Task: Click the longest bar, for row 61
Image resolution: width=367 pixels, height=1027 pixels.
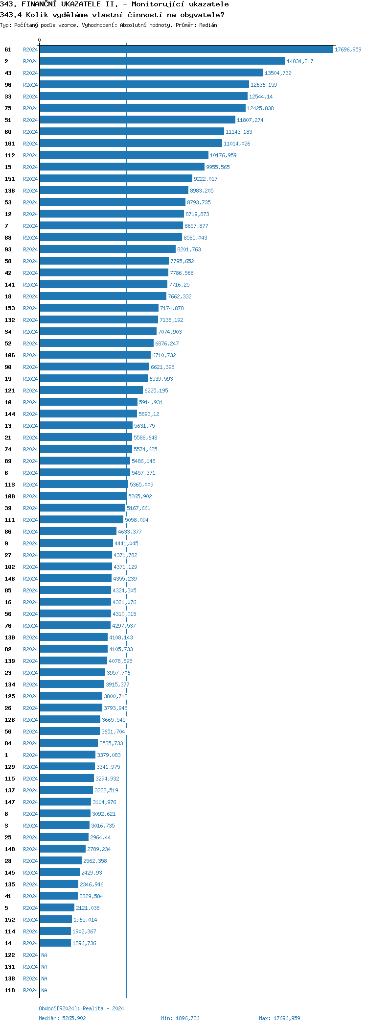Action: click(x=186, y=49)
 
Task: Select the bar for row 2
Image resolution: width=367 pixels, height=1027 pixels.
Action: click(x=162, y=61)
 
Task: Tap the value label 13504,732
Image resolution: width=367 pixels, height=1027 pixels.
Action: click(x=278, y=73)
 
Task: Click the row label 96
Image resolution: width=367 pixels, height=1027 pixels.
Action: click(x=8, y=85)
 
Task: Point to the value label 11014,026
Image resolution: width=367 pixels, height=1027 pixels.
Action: click(x=237, y=144)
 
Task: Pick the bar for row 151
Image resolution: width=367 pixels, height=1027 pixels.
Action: click(x=115, y=179)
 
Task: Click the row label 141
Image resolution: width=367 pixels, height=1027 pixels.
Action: click(x=10, y=285)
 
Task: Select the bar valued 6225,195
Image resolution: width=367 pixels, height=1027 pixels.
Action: click(x=91, y=391)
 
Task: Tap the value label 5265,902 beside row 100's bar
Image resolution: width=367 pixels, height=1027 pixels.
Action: click(x=140, y=496)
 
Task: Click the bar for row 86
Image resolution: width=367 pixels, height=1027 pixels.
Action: click(x=78, y=532)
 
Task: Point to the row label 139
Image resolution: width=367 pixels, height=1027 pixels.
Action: click(x=10, y=661)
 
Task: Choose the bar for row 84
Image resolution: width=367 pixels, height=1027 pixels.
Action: click(x=69, y=743)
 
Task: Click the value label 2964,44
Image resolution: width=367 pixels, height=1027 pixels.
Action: click(x=100, y=837)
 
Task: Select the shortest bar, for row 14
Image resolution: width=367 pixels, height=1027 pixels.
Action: click(x=55, y=943)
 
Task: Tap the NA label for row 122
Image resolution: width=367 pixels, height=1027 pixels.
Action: click(x=45, y=955)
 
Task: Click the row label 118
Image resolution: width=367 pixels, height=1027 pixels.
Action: click(x=10, y=990)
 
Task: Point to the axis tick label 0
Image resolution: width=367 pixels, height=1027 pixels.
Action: click(x=40, y=40)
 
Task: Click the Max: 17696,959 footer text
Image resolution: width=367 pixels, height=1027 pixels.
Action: click(x=279, y=1018)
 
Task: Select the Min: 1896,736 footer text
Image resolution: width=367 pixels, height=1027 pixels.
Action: click(x=180, y=1018)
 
